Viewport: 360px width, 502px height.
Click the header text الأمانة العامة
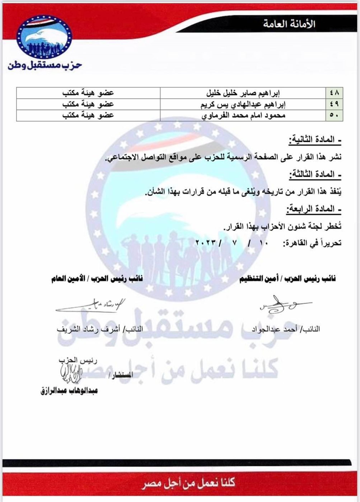[x=289, y=24]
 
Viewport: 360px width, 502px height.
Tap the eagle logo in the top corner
[x=44, y=37]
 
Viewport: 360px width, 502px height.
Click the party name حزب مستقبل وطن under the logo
[x=45, y=65]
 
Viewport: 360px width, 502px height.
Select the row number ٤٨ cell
[x=335, y=93]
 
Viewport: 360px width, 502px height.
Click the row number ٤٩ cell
[x=335, y=104]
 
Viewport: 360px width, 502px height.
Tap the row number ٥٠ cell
[x=335, y=115]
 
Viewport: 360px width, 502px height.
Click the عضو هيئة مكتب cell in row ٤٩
[x=88, y=104]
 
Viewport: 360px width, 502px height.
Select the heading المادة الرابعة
[x=313, y=209]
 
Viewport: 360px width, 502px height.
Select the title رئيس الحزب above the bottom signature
[x=78, y=360]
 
